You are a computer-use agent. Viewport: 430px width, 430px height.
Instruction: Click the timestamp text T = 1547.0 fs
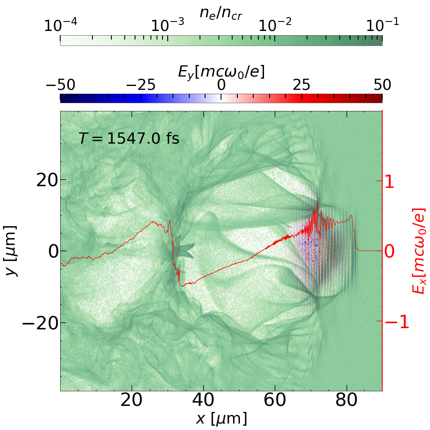click(129, 138)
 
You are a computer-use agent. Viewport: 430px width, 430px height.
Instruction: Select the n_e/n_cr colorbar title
click(221, 13)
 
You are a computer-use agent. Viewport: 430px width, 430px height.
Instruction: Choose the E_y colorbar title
click(221, 73)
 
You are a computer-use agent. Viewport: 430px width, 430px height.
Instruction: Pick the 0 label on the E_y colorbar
click(221, 85)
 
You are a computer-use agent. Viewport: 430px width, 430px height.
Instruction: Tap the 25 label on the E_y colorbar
click(302, 85)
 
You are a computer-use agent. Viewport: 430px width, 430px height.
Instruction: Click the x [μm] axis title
click(221, 419)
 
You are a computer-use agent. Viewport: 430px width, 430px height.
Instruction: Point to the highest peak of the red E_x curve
click(317, 203)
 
